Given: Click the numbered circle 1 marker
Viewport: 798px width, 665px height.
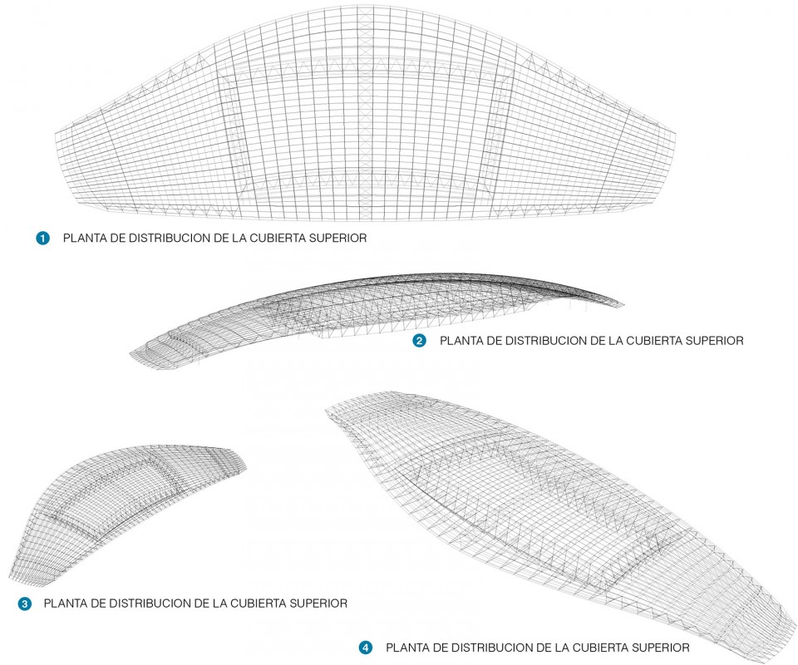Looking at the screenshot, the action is coord(42,238).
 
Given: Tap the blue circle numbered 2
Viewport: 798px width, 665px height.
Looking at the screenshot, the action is coord(419,340).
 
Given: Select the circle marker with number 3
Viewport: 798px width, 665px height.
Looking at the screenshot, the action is coord(24,604).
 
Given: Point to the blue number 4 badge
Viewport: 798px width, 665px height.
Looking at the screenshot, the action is coord(366,648).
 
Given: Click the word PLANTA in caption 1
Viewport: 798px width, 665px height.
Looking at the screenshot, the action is coord(83,238).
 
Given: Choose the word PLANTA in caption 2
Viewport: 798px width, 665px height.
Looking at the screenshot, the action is coord(460,340).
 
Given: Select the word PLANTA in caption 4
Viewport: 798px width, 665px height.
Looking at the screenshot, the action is coord(406,648).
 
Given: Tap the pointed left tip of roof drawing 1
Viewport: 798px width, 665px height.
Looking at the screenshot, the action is coord(56,135).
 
